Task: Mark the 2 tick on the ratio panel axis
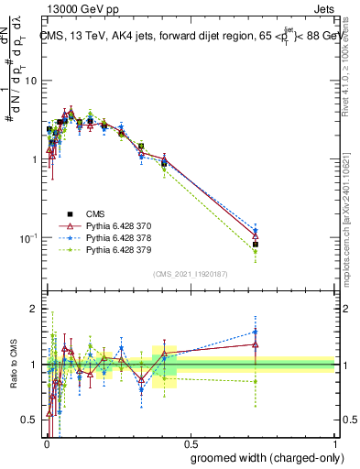coord(37,309)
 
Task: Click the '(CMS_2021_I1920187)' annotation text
coord(190,272)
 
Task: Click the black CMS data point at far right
coord(256,245)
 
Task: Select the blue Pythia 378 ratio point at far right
coord(256,332)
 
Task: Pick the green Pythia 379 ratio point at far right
coord(256,381)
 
